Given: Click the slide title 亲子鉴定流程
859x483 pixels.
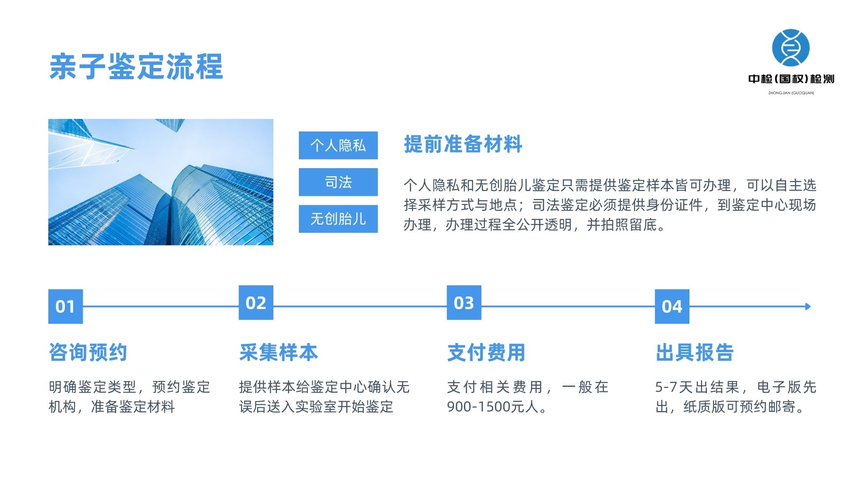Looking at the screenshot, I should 136,67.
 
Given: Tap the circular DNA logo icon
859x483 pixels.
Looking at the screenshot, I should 791,48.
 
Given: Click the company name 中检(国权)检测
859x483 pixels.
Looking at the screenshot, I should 791,79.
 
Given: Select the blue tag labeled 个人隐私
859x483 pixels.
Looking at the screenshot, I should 338,145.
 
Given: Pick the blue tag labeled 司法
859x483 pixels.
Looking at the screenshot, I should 338,182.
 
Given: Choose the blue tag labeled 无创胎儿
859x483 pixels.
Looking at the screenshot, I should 338,219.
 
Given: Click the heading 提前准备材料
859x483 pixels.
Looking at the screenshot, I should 463,144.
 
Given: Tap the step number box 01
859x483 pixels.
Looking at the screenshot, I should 65,306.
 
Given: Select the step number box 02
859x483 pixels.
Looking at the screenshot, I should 256,303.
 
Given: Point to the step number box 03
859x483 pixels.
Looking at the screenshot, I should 464,303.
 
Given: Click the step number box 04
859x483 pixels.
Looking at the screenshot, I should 672,306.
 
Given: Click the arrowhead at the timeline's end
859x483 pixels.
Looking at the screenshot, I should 808,306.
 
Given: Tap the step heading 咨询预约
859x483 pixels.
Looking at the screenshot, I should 88,352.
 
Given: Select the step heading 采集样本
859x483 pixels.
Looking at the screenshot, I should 278,352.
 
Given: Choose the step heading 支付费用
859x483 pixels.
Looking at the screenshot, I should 486,352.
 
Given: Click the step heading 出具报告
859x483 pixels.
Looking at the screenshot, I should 694,352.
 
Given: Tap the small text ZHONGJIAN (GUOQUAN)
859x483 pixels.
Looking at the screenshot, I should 791,93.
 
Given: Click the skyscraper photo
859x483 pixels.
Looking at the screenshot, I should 161,182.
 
